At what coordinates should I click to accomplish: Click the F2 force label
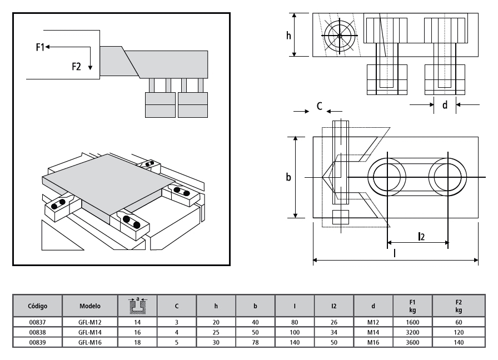point(77,67)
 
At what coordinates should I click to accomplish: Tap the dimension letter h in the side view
point(288,35)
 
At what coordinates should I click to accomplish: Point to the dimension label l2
point(422,236)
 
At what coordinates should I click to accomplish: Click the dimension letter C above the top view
point(319,106)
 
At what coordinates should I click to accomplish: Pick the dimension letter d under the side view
point(445,104)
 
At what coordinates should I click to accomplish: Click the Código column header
point(37,306)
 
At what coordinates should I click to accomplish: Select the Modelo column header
point(89,306)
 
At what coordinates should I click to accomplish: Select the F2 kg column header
point(459,306)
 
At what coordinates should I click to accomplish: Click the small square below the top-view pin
point(340,217)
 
